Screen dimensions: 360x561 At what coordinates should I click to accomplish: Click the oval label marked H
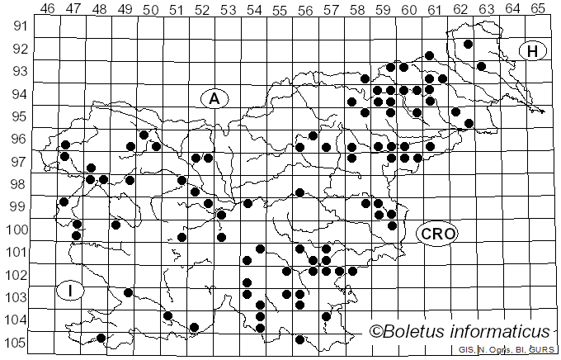(533, 51)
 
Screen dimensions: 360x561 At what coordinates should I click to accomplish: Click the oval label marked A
(214, 98)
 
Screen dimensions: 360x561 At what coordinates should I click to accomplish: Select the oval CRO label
(437, 234)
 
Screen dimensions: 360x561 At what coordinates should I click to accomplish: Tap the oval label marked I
(72, 290)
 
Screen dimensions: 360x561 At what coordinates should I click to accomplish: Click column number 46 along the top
(47, 9)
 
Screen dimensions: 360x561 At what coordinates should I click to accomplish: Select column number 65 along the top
(537, 9)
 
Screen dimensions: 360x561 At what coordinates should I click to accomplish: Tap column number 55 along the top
(279, 9)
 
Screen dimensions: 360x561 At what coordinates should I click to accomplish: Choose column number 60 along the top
(408, 9)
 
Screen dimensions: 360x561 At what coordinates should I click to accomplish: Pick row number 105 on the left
(18, 343)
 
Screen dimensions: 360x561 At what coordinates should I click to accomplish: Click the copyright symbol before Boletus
(376, 332)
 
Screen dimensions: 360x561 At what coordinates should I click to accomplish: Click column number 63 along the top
(486, 9)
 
